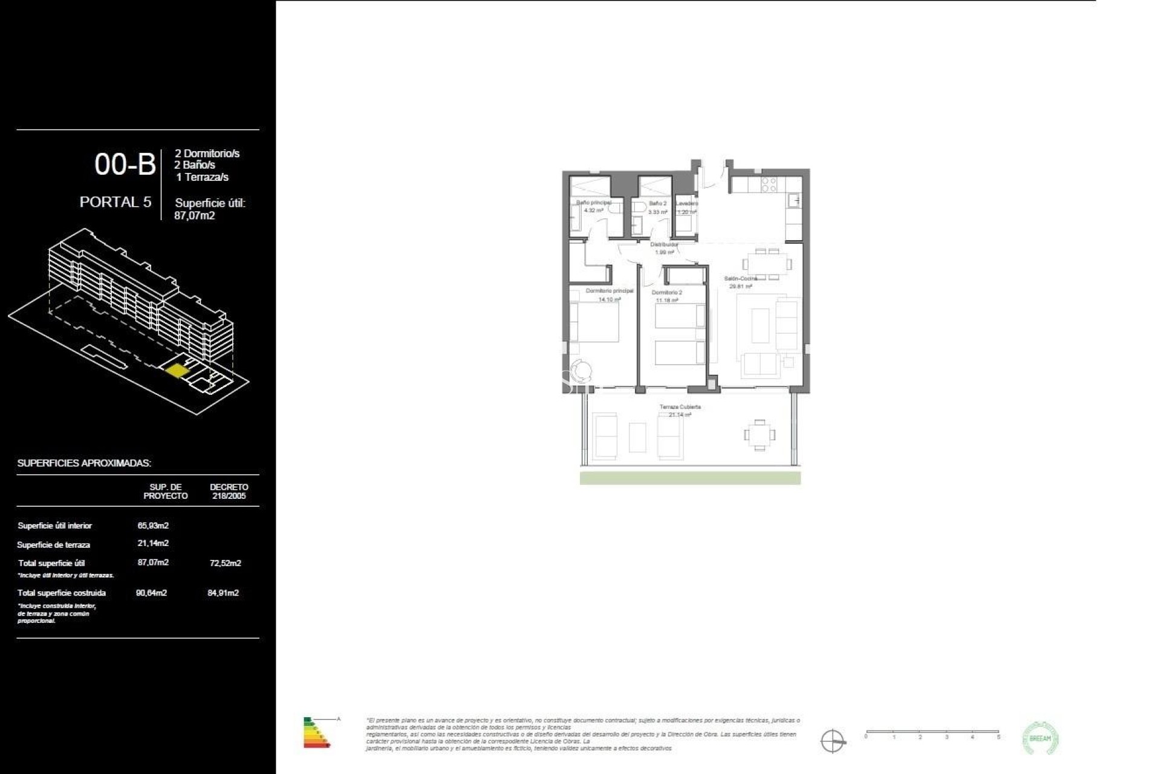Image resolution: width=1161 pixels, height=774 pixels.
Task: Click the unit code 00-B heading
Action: coord(125,164)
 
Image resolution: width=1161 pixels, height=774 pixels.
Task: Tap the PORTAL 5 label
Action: coord(115,202)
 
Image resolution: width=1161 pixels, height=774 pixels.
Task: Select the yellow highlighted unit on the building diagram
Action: coord(176,370)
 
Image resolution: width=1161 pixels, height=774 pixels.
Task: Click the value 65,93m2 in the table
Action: coord(153,525)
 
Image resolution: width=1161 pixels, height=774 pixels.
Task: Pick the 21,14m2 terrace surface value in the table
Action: coord(153,543)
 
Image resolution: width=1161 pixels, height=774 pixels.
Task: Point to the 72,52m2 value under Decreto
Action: coord(225,563)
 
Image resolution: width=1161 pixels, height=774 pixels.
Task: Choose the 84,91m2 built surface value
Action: coord(223,593)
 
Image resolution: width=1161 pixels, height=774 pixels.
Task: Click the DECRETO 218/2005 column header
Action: coord(229,491)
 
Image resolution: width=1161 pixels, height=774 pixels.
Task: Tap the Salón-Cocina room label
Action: coord(741,279)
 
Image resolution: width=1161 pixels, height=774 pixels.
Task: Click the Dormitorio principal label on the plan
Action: coord(610,291)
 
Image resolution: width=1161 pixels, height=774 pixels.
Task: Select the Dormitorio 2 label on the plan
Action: coord(666,293)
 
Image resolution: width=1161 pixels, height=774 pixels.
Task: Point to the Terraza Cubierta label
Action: coord(680,407)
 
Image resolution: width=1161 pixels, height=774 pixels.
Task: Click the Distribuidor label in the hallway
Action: coord(664,245)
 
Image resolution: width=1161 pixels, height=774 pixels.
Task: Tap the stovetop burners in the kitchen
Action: coord(769,184)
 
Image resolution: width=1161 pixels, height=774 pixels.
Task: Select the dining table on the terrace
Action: coord(759,435)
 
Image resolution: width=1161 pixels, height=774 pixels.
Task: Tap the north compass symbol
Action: coord(832,741)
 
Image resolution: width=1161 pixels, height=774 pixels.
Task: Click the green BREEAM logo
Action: coord(1040,738)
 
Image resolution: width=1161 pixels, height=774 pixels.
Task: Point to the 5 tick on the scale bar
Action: coord(998,737)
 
